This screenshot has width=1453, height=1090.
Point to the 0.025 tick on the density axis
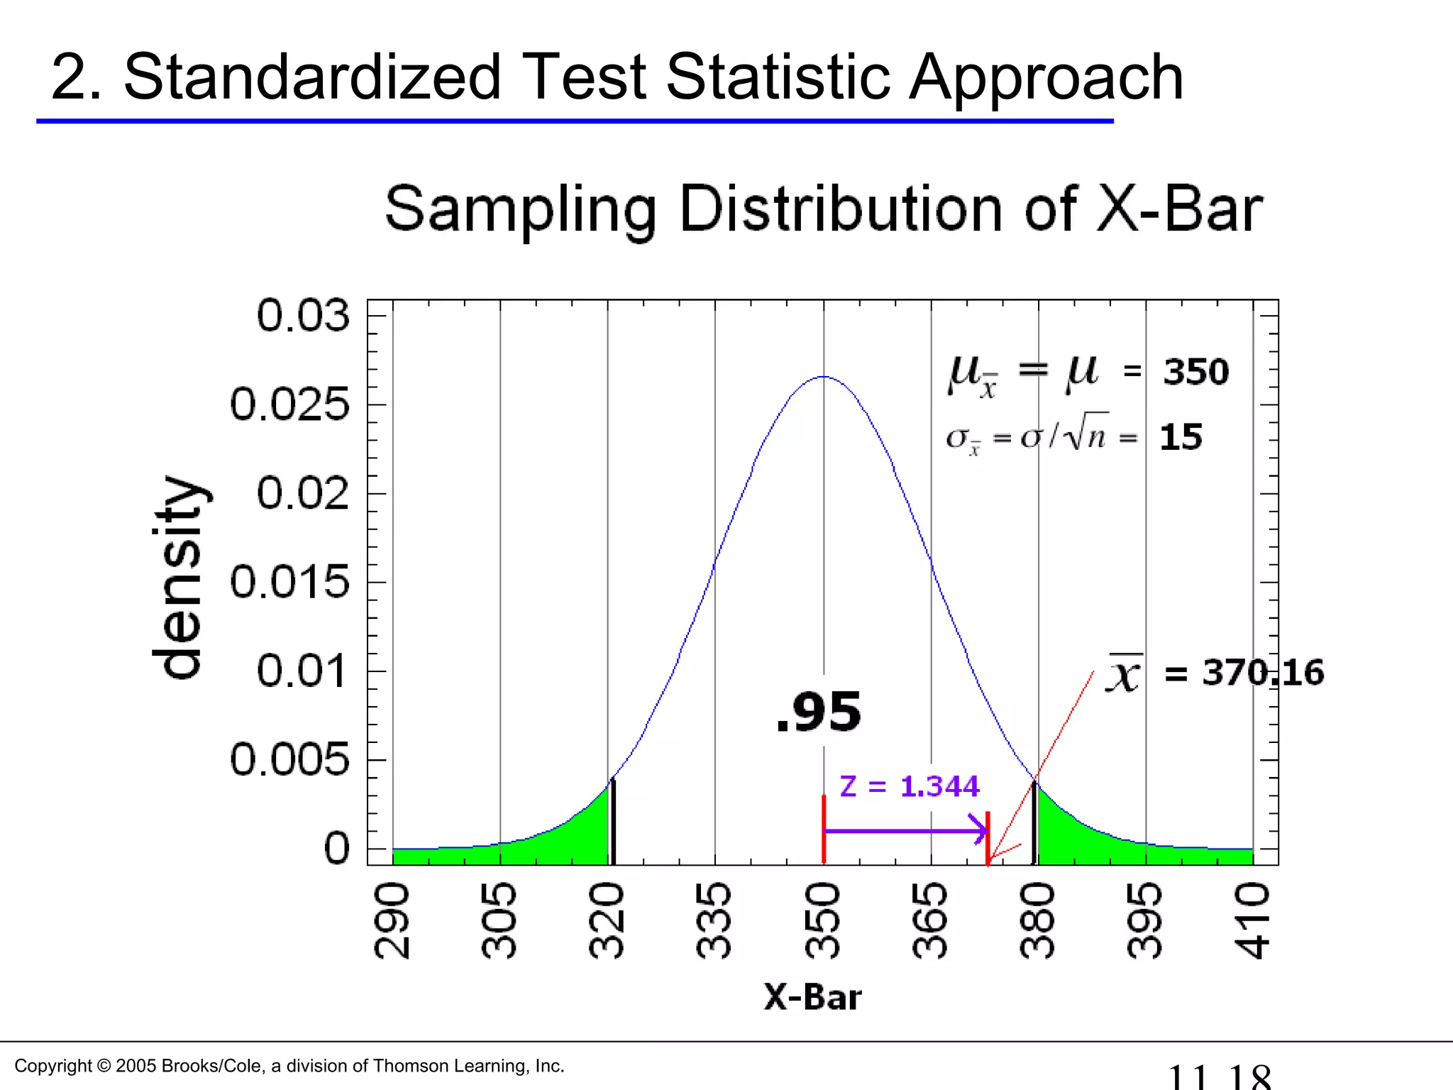[289, 404]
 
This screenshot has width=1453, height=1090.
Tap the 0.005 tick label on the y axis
[289, 760]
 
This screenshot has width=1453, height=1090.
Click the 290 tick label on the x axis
[392, 920]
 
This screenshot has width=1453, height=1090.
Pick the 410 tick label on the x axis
[1253, 920]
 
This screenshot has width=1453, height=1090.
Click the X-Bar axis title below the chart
[812, 997]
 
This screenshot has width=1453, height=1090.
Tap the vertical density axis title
[179, 576]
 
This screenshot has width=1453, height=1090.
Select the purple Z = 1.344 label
[909, 786]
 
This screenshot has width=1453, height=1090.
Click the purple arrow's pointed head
[982, 830]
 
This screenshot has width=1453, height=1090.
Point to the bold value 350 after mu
[1195, 372]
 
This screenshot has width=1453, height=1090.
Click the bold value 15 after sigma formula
[1181, 437]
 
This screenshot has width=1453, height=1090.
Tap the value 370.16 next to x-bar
[1263, 672]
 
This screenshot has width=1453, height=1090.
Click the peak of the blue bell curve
[824, 377]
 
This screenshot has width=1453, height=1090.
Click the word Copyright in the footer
[53, 1066]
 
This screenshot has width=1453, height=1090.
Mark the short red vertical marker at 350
[824, 829]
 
